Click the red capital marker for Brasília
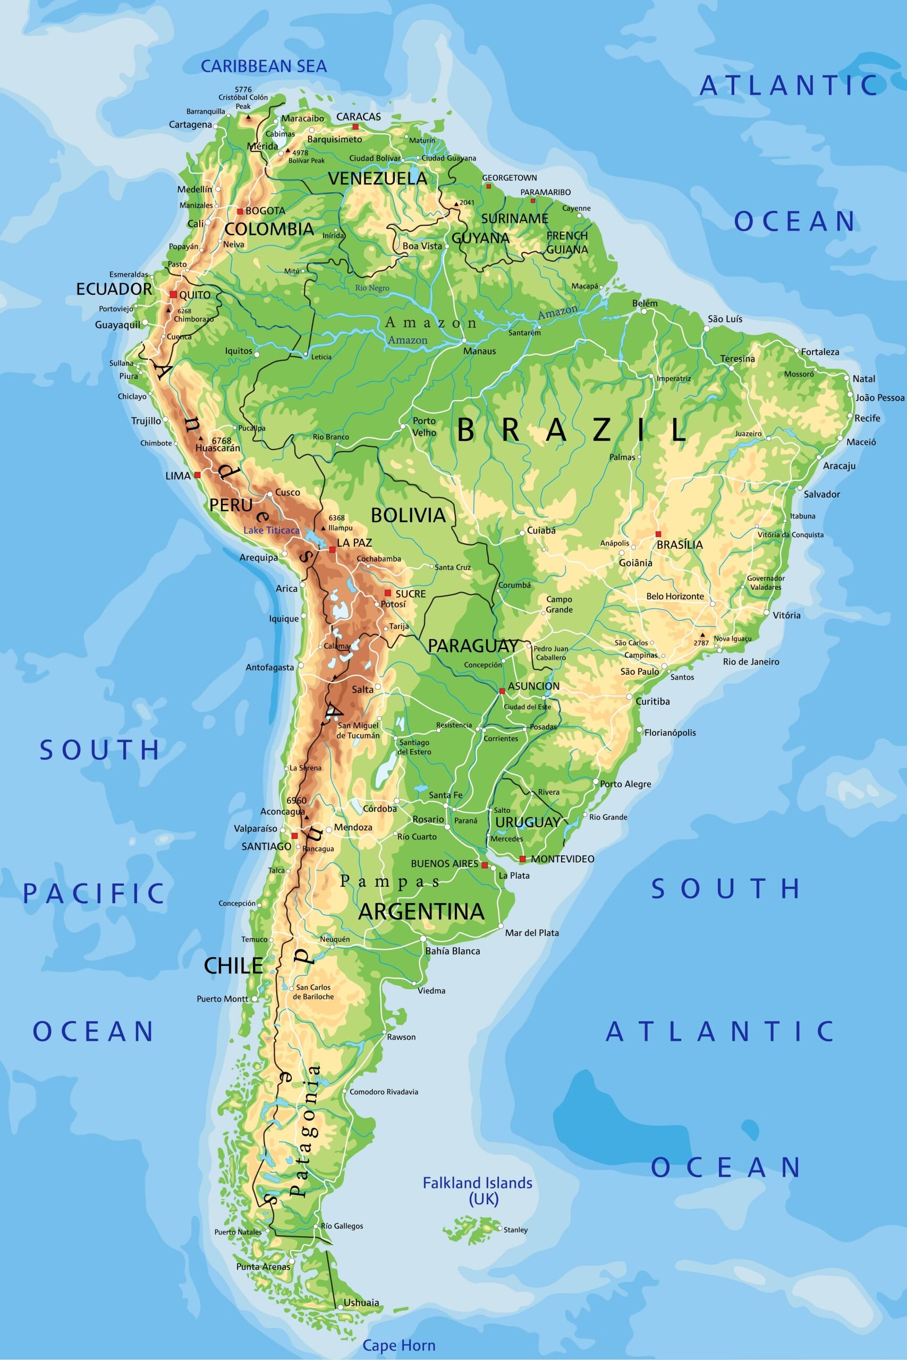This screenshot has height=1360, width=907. click(x=658, y=534)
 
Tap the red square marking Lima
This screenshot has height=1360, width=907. click(x=197, y=475)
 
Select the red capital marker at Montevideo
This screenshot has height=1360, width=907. click(x=522, y=858)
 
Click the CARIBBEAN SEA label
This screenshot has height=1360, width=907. click(x=263, y=66)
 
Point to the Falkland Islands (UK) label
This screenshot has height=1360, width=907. click(x=477, y=1191)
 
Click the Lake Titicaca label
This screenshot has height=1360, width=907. click(x=272, y=530)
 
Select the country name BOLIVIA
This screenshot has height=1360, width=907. click(x=409, y=515)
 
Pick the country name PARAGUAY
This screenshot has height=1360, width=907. click(x=472, y=646)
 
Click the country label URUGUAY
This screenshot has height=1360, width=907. click(x=528, y=822)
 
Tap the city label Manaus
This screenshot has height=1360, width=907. click(x=479, y=351)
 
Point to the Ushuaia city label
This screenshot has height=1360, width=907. click(x=361, y=1302)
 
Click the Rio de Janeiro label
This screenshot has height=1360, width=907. click(x=751, y=661)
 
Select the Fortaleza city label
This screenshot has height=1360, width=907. click(x=820, y=352)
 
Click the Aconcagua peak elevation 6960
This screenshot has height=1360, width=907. click(x=296, y=800)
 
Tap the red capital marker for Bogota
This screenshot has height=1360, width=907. click(x=240, y=211)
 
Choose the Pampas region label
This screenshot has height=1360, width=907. click(x=390, y=881)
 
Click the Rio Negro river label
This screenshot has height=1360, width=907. click(x=372, y=288)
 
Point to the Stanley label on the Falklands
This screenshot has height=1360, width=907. click(x=515, y=1230)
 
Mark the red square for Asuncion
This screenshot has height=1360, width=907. click(x=502, y=691)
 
